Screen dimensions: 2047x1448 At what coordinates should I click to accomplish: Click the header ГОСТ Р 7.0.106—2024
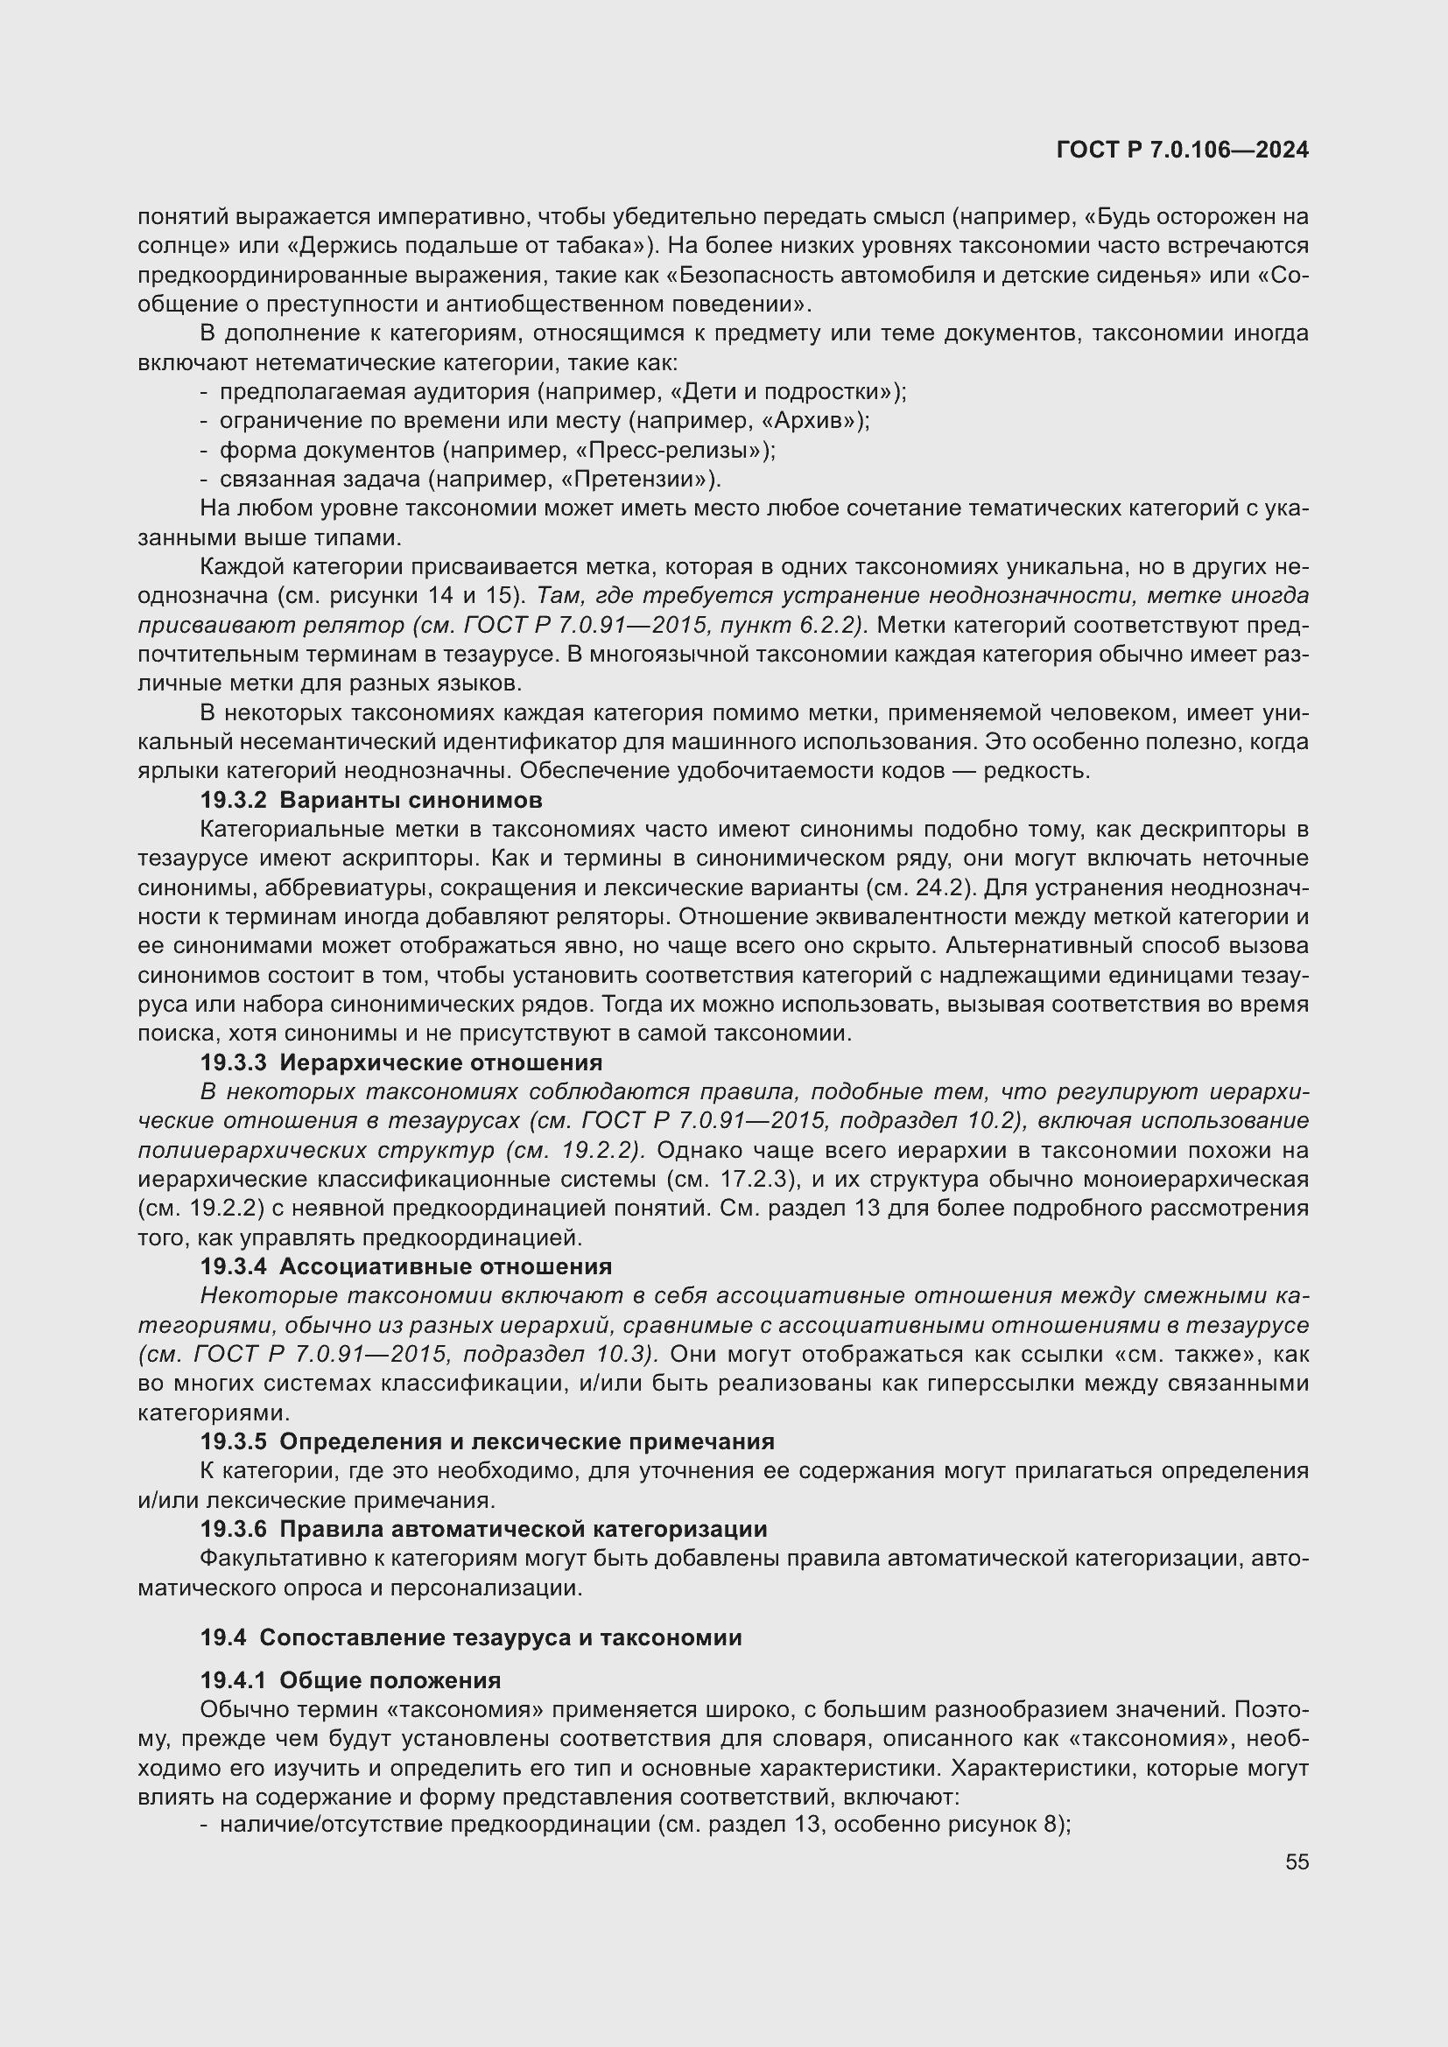1182,150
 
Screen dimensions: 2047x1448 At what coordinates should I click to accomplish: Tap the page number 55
1297,1861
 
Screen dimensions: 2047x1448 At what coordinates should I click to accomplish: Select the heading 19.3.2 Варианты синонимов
371,800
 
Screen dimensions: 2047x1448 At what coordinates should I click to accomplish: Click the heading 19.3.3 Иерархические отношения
401,1062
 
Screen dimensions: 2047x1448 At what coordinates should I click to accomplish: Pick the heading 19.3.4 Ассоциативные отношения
405,1267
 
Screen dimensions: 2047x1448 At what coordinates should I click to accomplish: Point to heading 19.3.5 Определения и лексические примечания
487,1441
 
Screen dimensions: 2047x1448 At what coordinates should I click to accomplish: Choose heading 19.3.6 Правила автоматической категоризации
483,1529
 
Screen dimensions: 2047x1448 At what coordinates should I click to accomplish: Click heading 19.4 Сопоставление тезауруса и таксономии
471,1637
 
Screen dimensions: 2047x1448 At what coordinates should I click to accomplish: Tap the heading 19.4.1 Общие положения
350,1680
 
